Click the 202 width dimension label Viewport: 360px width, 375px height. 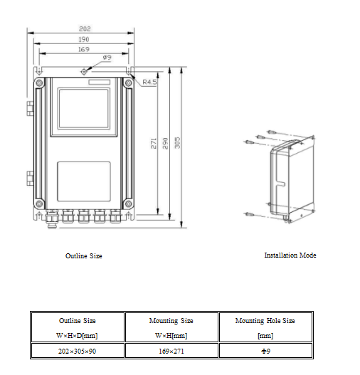85,29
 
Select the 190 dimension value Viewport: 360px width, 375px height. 84,39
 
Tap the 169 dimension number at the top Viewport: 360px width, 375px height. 84,49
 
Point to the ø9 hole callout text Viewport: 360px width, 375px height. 107,58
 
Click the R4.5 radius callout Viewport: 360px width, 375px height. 149,82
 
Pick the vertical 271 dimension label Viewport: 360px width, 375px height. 154,143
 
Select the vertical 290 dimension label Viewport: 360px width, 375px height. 165,143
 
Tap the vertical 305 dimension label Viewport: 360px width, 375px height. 177,143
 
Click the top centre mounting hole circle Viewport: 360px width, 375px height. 84,71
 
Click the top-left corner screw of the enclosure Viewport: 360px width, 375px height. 39,83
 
